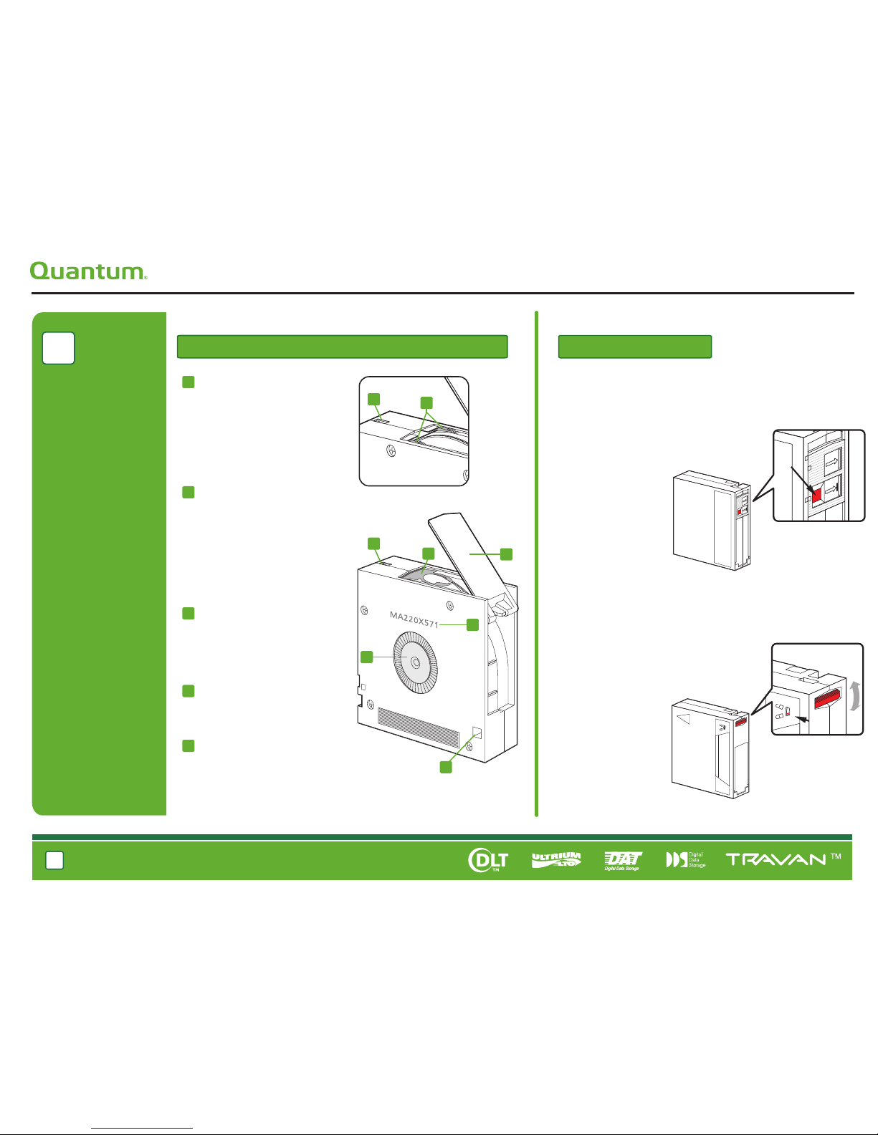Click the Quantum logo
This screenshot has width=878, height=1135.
tap(88, 271)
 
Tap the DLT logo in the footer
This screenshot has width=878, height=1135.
tap(488, 859)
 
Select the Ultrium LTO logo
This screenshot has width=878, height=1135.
tap(556, 859)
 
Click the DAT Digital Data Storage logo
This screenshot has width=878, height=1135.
tap(622, 861)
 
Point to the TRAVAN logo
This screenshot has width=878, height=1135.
tap(783, 859)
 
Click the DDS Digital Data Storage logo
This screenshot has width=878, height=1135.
tap(686, 860)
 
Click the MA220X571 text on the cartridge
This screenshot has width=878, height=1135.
tap(414, 619)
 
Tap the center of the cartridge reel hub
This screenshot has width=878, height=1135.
tap(416, 663)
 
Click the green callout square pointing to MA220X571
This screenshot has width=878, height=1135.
tap(472, 624)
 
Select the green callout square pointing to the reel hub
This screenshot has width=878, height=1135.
tap(367, 657)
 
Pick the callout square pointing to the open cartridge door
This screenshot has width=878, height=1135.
tap(507, 554)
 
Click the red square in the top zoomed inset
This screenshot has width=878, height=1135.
tap(816, 494)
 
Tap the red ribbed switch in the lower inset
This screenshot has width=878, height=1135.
tap(828, 698)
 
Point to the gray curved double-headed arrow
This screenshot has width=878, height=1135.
tap(854, 696)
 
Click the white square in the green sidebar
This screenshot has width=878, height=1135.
tap(59, 348)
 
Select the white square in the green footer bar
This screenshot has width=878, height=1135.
tap(55, 860)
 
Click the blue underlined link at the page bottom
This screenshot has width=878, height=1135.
tap(142, 1128)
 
